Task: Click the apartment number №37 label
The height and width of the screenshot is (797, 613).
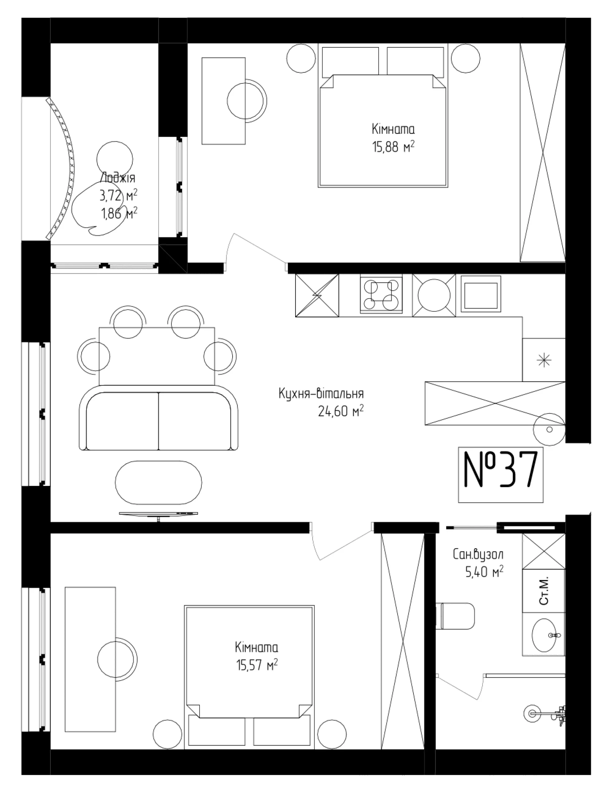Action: (500, 470)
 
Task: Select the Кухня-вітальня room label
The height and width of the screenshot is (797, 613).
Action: (321, 394)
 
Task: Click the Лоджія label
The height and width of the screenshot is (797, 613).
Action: (117, 178)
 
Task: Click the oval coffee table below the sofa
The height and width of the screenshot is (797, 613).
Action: (158, 483)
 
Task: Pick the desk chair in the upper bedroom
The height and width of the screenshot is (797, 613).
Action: (247, 99)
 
